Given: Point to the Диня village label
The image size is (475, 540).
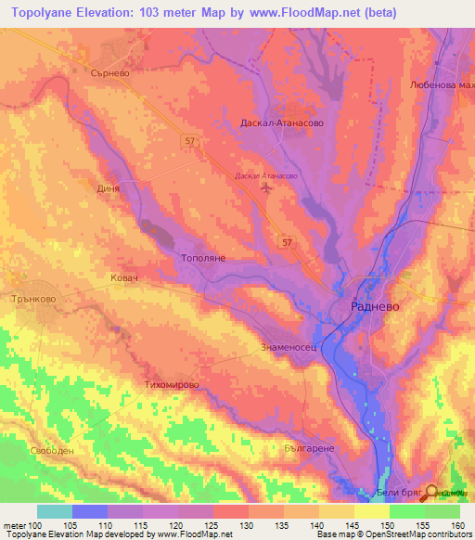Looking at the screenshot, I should click(x=109, y=187).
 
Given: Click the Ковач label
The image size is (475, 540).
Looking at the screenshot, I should click(x=122, y=278).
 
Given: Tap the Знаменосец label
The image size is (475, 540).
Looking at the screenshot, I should click(x=290, y=350).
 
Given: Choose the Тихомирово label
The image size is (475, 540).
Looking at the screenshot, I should click(x=173, y=383).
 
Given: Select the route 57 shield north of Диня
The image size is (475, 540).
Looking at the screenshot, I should click(x=189, y=139).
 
